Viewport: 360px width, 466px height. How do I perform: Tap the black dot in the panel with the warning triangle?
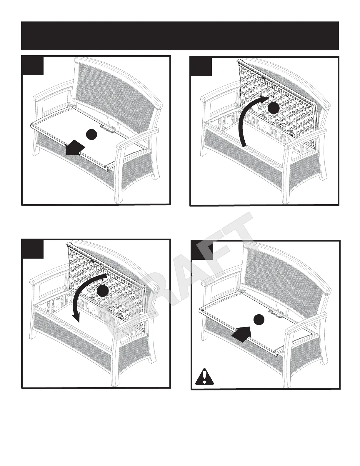point(259,319)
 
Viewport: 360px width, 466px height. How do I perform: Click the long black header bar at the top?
point(180,36)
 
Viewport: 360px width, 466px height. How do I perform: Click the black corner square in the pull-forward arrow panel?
point(33,66)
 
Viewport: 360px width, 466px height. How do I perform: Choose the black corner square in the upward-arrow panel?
point(201,66)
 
